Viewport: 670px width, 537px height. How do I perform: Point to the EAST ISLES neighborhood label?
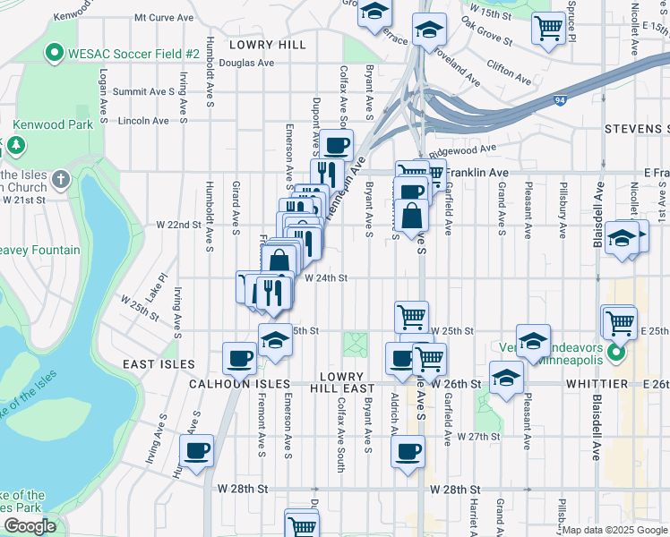coord(159,364)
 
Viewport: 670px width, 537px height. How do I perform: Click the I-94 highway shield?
coord(560,101)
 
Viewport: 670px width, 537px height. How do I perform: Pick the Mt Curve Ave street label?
coord(164,17)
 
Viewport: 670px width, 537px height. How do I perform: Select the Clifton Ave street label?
coord(507,65)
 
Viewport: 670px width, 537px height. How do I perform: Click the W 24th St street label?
coord(325,278)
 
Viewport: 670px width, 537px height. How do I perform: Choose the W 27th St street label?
coord(477,437)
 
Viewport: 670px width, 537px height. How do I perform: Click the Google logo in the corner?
coord(30,526)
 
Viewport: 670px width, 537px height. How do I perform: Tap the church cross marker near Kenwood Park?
coord(60,178)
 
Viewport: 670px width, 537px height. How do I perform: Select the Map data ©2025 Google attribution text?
coord(614,530)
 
